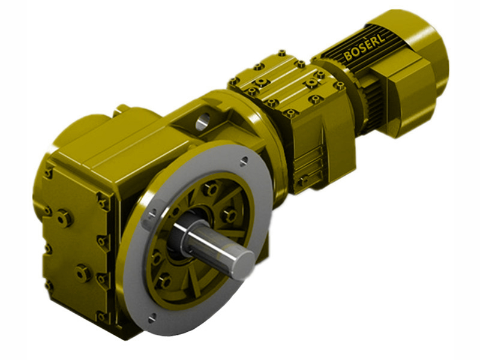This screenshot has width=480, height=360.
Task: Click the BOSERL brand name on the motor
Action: tap(367, 46)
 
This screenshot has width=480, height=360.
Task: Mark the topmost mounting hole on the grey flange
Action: tap(244, 160)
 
